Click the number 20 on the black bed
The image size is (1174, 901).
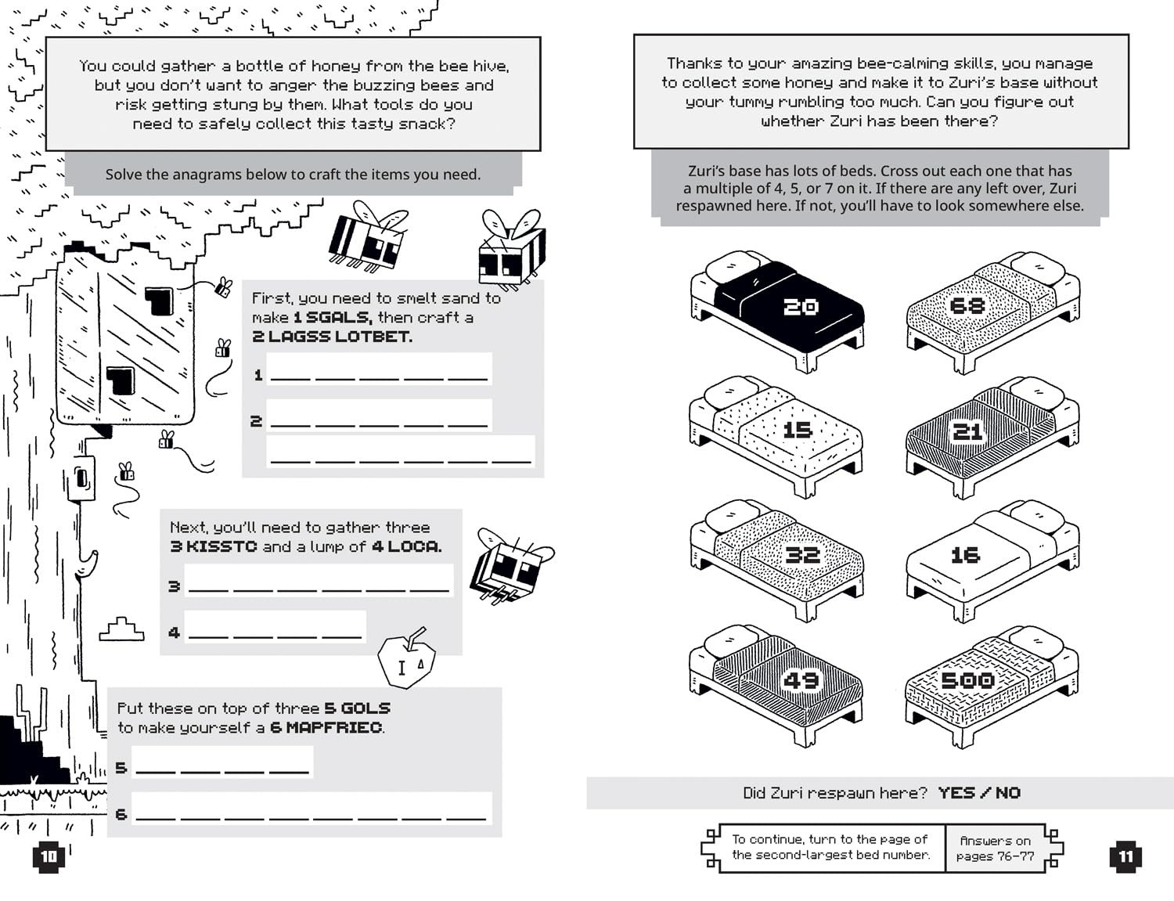coord(801,306)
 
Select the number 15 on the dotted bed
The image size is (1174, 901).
coord(798,430)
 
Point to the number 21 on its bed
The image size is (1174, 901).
coord(967,431)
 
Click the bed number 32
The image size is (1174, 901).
coord(802,555)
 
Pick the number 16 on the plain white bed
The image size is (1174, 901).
coord(965,555)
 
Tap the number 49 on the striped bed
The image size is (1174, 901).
coord(801,680)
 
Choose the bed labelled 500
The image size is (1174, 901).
coord(967,680)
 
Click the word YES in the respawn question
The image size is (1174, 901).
coord(956,793)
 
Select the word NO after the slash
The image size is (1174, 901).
coord(1008,793)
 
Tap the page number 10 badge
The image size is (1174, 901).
coord(49,856)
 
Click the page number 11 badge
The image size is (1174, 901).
coord(1125,856)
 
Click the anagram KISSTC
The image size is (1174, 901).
coord(221,546)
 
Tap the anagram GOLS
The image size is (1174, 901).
coord(366,708)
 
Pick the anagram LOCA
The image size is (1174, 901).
coord(412,546)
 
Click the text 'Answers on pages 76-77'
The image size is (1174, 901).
coord(995,848)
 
